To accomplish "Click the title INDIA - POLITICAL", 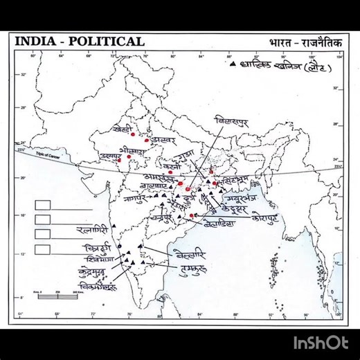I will (80, 42).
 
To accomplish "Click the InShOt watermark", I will (320, 342).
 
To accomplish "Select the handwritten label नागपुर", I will (137, 198).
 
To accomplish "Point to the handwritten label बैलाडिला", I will (220, 223).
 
